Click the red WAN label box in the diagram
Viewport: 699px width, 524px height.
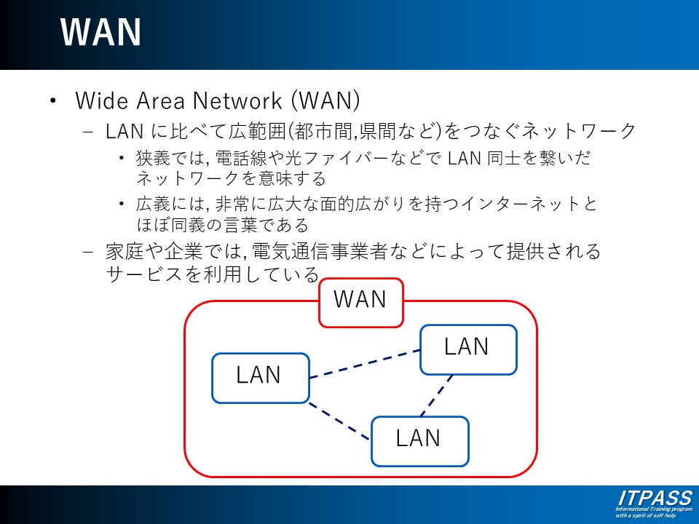click(360, 301)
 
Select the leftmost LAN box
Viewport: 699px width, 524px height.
click(260, 377)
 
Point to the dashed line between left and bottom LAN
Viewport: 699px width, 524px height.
click(339, 421)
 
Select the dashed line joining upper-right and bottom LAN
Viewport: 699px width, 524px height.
click(437, 395)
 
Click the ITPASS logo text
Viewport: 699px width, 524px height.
click(654, 498)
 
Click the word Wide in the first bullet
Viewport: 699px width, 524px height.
click(98, 100)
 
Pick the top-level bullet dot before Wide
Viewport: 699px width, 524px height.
click(52, 100)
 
